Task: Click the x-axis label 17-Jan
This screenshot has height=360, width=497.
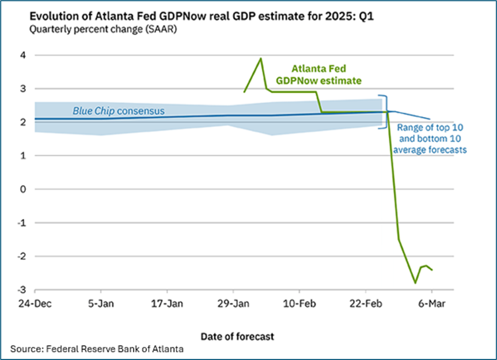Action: pyautogui.click(x=166, y=303)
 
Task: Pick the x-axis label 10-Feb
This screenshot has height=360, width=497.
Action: pyautogui.click(x=299, y=303)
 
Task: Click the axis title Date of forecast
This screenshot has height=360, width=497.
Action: pyautogui.click(x=237, y=336)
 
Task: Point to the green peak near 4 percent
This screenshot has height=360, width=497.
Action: pyautogui.click(x=261, y=58)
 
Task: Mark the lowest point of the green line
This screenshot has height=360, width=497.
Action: pyautogui.click(x=415, y=282)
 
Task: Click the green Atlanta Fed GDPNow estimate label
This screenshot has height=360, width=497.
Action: pyautogui.click(x=318, y=74)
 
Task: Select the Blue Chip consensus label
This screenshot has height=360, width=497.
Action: pyautogui.click(x=119, y=112)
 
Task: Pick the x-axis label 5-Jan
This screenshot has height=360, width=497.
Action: pyautogui.click(x=100, y=303)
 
